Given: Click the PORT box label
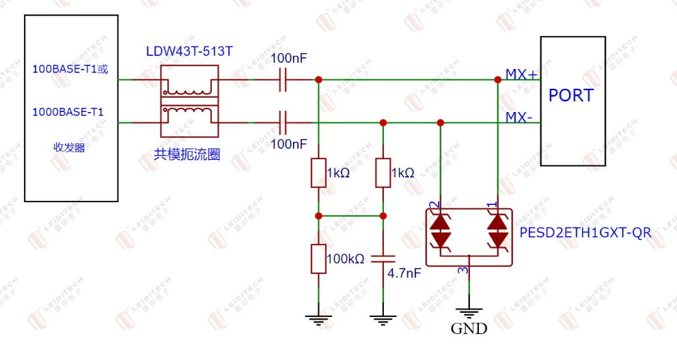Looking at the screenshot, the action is click(x=571, y=96).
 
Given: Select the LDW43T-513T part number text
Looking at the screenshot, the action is click(x=189, y=51).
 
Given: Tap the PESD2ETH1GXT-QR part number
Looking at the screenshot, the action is click(x=585, y=233).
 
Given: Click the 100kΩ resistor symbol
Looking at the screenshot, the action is click(x=318, y=259).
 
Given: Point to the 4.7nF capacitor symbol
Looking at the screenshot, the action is click(x=383, y=259).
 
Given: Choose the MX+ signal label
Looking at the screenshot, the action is click(x=521, y=74).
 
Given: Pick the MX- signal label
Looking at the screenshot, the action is click(x=519, y=117).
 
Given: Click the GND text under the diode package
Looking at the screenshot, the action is click(x=469, y=329).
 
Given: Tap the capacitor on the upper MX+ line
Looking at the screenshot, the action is click(x=283, y=80).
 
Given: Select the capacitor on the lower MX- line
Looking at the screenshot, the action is click(x=283, y=122).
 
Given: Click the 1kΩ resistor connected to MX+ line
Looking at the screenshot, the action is click(x=318, y=173).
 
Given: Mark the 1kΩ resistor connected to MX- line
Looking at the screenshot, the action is click(x=383, y=173).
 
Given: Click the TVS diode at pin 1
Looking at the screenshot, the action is click(x=497, y=232).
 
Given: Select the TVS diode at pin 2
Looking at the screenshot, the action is click(x=441, y=232).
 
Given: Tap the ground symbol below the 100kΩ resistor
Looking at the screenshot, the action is click(x=318, y=320).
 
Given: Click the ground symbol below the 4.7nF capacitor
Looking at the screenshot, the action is click(x=383, y=320).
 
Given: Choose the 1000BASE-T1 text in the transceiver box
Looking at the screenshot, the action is click(x=68, y=112).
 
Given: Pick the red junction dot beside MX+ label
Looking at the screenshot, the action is click(x=498, y=80).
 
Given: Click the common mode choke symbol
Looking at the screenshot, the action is click(x=189, y=101).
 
